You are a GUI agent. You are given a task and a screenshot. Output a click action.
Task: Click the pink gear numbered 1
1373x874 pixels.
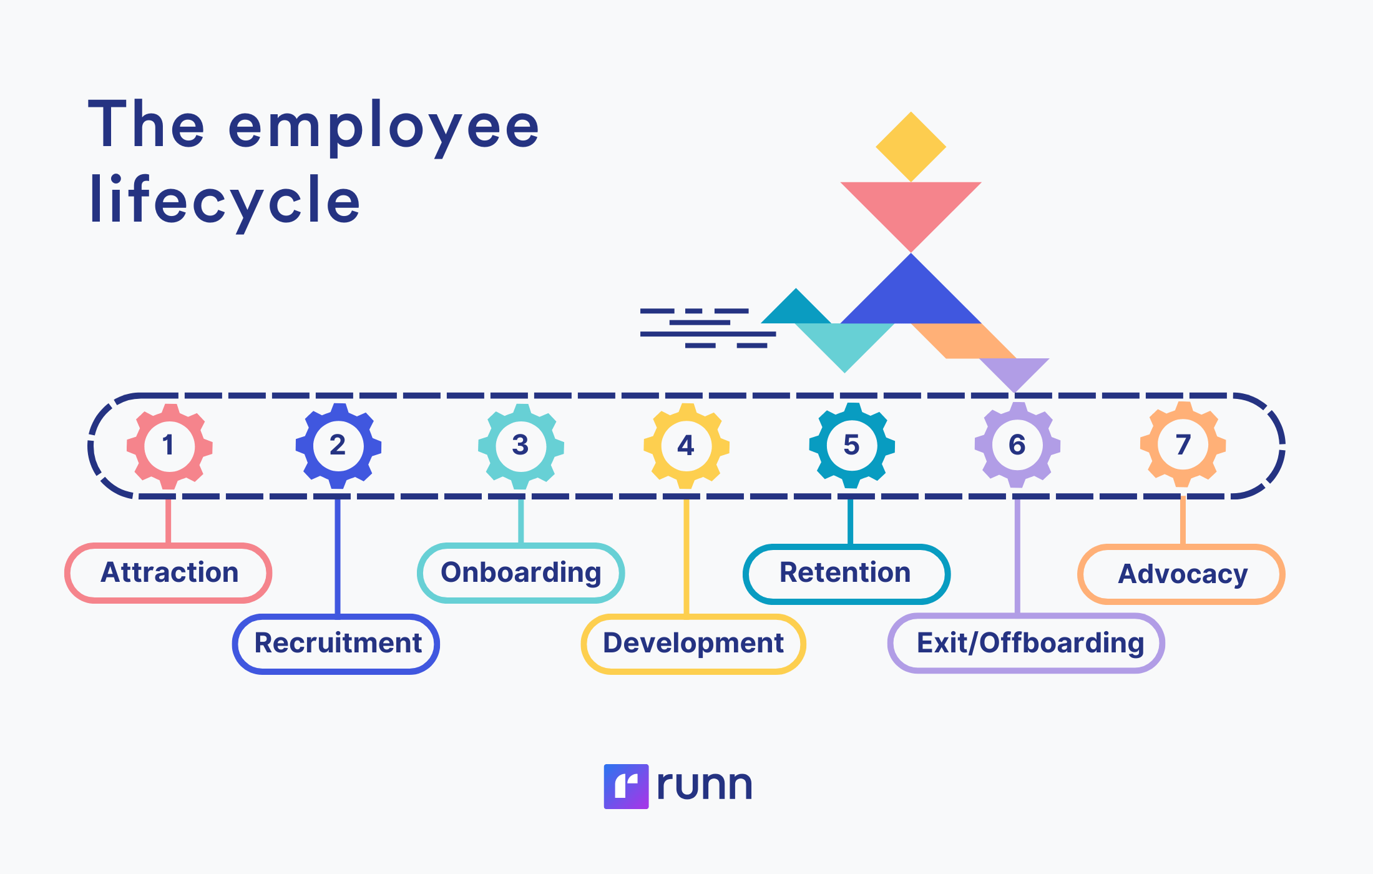coord(169,446)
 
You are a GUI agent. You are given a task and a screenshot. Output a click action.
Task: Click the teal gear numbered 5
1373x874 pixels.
coord(852,445)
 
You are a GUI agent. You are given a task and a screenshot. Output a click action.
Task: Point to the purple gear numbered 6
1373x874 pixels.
coord(1017,445)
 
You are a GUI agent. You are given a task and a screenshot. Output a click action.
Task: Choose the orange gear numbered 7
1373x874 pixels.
coord(1183,444)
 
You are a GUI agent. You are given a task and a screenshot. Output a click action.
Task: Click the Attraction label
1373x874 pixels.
coord(169,572)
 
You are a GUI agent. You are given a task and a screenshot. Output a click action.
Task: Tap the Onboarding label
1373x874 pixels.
coord(520,572)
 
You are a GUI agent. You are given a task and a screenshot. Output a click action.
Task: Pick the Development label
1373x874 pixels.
coord(693,644)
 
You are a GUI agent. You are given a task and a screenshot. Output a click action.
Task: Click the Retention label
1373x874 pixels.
coord(846,573)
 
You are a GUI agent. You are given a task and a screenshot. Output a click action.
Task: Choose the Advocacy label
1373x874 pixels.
coord(1181,574)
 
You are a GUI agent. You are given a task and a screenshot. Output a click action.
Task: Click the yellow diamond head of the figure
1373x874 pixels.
coord(911,147)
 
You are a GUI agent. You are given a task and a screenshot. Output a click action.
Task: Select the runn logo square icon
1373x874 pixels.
coord(626,787)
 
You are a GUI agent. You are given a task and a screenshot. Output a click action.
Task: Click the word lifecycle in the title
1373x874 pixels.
coord(225,201)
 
